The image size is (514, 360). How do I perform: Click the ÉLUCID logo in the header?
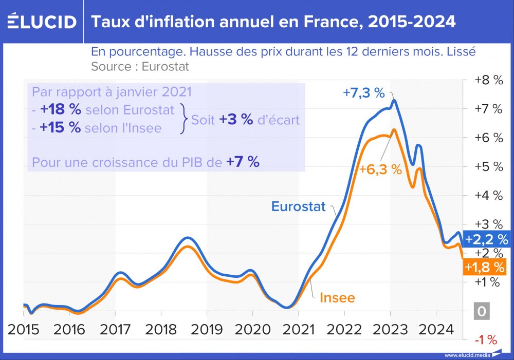coord(42,21)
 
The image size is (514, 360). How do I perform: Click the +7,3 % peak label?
coord(364,93)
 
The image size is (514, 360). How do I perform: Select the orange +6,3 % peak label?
coord(380,169)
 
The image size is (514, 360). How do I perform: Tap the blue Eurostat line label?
coord(299,206)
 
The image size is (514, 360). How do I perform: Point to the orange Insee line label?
coord(337,297)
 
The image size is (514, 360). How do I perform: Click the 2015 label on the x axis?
coord(24,329)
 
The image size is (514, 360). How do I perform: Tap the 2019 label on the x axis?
coord(207,329)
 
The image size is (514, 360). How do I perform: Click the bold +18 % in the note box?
coord(61,110)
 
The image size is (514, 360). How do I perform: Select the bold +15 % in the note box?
coord(61,127)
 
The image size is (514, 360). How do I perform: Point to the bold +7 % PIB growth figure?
coord(243,162)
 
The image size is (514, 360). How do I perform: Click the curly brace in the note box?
coord(184,119)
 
